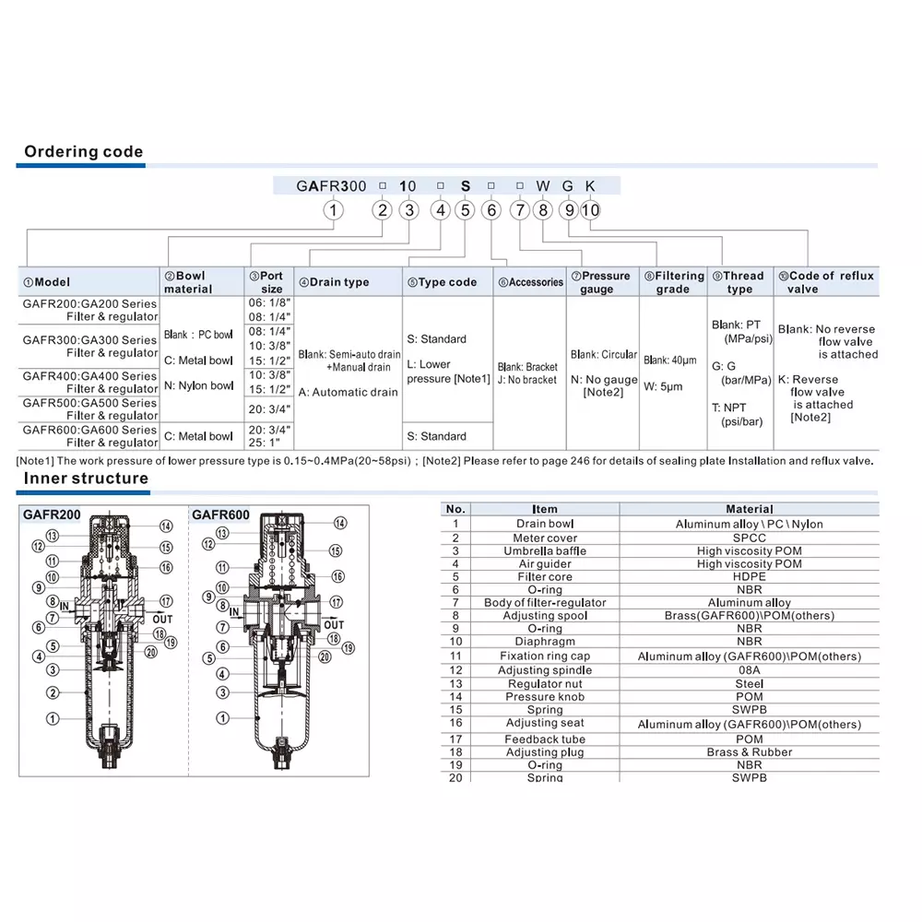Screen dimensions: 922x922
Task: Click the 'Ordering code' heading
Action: [x=83, y=152]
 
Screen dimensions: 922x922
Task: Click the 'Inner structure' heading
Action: [x=86, y=478]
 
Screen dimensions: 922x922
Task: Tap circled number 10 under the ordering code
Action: [x=590, y=210]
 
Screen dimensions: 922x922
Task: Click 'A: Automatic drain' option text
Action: [x=349, y=392]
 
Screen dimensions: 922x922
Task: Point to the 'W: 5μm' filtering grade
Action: [x=664, y=386]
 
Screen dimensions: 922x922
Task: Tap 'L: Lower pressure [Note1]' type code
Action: [x=448, y=372]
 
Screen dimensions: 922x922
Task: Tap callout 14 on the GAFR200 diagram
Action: [x=166, y=526]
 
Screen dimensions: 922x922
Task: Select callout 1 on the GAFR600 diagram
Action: [x=222, y=717]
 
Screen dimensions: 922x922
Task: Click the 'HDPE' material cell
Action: [x=749, y=577]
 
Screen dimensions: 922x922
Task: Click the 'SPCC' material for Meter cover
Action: [x=749, y=538]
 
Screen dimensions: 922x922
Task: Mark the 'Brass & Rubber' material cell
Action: [x=749, y=752]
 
